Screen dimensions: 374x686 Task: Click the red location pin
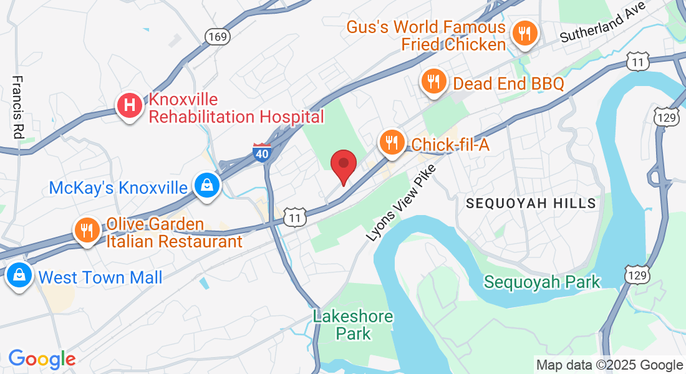click(343, 166)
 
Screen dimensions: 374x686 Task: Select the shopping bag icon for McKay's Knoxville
click(205, 185)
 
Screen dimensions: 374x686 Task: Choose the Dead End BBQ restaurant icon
click(433, 82)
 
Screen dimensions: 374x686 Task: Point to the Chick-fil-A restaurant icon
click(392, 143)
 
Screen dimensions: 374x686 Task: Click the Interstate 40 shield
click(263, 152)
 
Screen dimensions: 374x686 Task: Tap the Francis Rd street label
click(17, 107)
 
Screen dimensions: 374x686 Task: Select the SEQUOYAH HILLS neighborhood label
click(531, 203)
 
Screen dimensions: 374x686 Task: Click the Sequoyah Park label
click(542, 282)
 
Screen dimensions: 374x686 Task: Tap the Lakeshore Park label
click(353, 325)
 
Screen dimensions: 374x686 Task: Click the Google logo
click(42, 359)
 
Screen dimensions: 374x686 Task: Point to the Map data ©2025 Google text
click(609, 365)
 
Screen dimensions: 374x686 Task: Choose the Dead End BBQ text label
click(508, 84)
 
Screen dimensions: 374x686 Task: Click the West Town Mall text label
click(100, 277)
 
